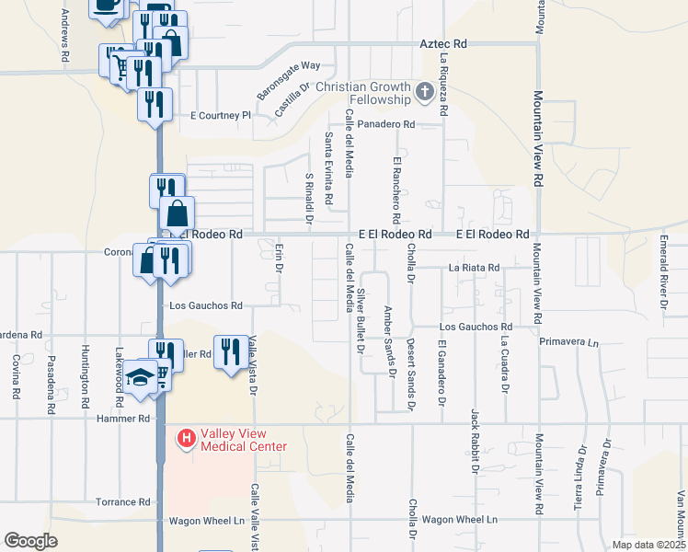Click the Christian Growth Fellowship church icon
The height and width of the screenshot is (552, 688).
424,91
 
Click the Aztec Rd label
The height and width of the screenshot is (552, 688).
443,43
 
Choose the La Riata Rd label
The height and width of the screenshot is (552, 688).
474,268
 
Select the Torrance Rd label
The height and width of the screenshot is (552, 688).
122,502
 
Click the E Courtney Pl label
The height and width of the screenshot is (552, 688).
220,116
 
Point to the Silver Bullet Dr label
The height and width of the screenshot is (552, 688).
361,321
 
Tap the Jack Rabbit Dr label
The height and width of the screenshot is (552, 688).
475,441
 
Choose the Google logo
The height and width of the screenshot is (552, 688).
30,540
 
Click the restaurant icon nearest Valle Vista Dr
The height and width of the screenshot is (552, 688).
228,352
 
